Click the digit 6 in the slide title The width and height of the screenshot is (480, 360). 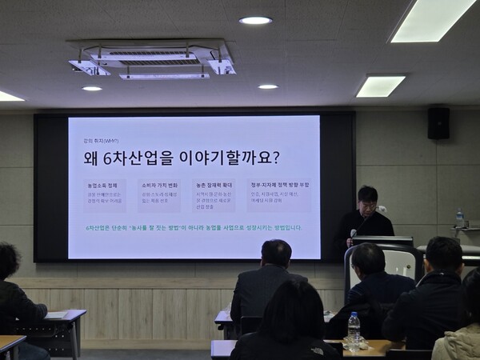pos(114,157)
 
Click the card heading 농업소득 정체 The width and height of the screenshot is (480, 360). pos(102,185)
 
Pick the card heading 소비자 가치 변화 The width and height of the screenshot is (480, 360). pos(160,185)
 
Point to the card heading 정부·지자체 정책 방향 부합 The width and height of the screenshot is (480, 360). pos(280,185)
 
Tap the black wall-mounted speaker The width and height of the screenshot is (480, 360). pos(438,123)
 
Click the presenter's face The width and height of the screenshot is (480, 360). pos(368,199)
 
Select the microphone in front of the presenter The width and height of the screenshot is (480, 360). pos(354,234)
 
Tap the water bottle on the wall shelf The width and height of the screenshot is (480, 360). pos(459,218)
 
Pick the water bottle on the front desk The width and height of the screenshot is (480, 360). pos(354,327)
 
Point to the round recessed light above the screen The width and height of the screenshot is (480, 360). pos(255,20)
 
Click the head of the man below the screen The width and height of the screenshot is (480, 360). pos(277,254)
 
